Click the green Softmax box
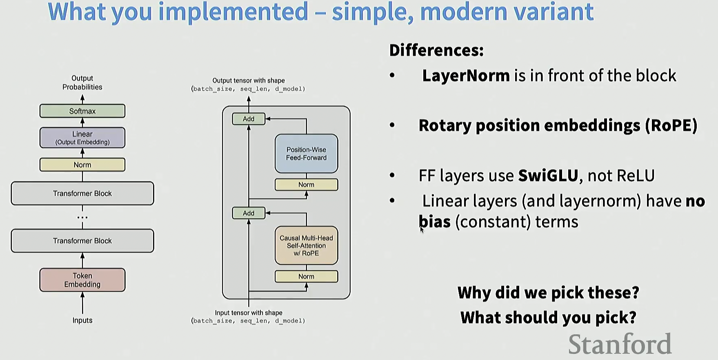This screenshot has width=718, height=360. click(x=82, y=111)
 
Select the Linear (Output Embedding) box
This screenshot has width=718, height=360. click(x=82, y=138)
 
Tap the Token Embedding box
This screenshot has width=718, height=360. click(x=82, y=280)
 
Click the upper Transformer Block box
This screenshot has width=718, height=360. click(x=82, y=193)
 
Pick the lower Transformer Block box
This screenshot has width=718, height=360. click(x=82, y=241)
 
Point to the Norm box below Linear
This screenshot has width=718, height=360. click(x=82, y=165)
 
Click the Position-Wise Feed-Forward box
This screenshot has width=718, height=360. click(x=306, y=154)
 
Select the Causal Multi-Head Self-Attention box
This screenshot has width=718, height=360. click(x=306, y=245)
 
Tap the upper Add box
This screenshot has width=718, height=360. click(x=249, y=119)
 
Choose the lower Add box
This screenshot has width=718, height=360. click(x=249, y=213)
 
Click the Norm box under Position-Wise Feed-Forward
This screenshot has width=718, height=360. click(x=306, y=185)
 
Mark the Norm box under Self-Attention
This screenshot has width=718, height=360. click(x=306, y=277)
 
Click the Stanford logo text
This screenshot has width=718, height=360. click(x=620, y=344)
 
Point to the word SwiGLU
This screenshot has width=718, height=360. click(x=548, y=176)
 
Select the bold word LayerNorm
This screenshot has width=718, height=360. click(x=466, y=76)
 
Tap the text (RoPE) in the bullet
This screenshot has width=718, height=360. click(x=671, y=126)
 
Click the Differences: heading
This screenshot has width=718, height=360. click(x=436, y=51)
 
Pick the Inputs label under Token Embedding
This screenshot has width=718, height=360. click(x=82, y=320)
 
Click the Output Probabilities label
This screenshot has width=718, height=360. click(x=82, y=82)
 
